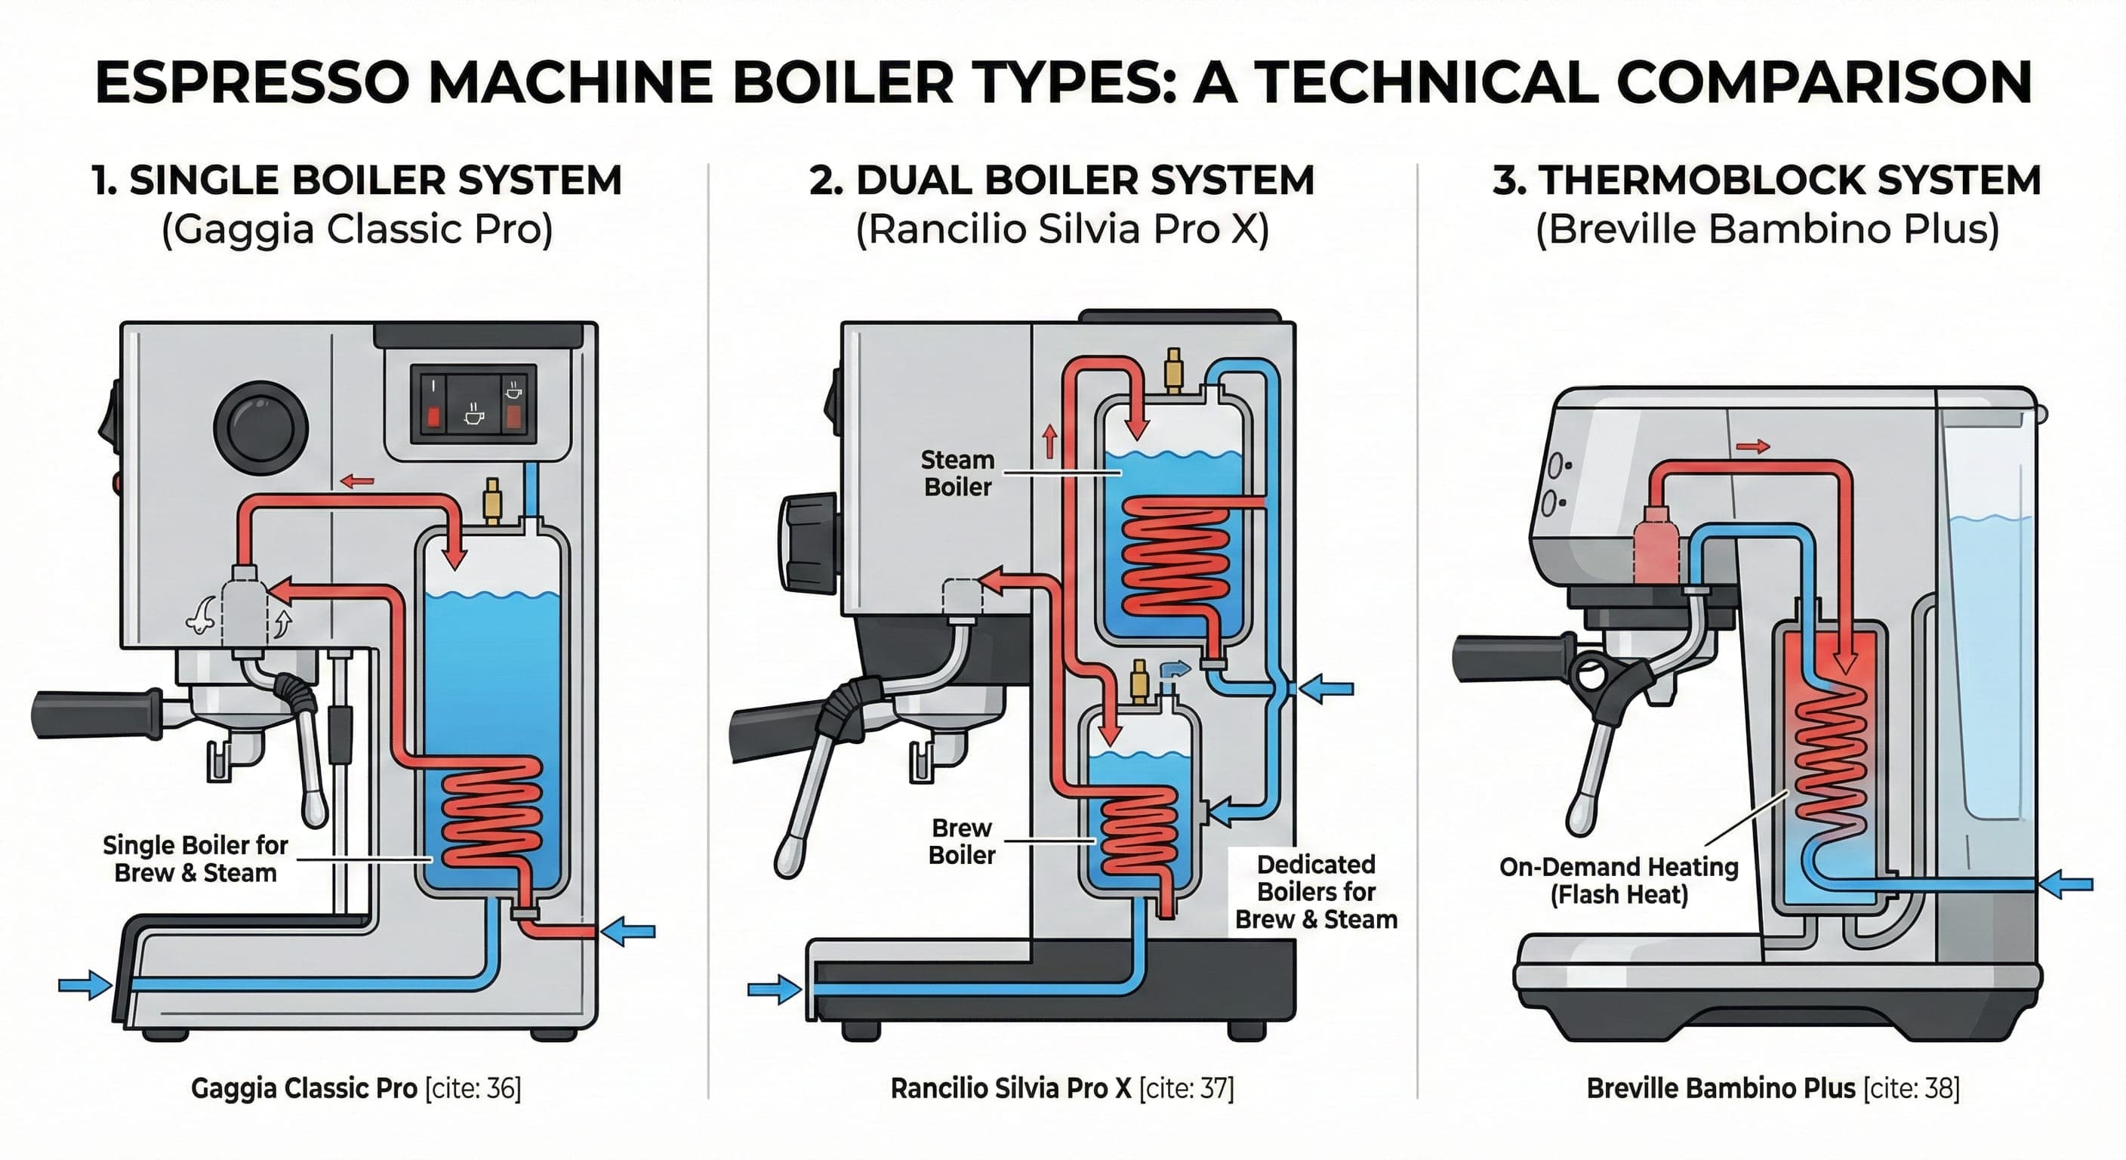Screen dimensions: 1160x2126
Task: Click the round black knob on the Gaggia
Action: coord(260,427)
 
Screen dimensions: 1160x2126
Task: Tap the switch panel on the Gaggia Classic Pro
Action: coord(473,405)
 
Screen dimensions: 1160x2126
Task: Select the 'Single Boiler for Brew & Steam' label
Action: coord(196,859)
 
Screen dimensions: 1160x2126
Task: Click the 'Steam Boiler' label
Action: coord(957,473)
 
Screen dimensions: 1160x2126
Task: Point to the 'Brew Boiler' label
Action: coord(962,841)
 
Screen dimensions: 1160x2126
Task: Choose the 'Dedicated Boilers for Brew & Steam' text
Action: coord(1316,892)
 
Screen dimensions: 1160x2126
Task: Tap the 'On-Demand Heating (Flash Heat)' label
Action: coord(1619,880)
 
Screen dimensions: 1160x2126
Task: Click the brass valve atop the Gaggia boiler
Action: coord(493,499)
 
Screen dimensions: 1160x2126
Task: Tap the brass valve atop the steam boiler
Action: coord(1172,369)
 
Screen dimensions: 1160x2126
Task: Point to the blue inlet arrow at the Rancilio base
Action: coord(774,989)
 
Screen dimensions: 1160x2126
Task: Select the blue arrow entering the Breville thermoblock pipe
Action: coord(2066,884)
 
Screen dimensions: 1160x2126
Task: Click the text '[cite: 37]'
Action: coord(1186,1088)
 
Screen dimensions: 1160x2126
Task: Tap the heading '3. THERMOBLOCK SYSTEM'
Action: coord(1767,180)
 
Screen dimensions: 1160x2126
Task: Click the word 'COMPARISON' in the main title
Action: coord(1823,82)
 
